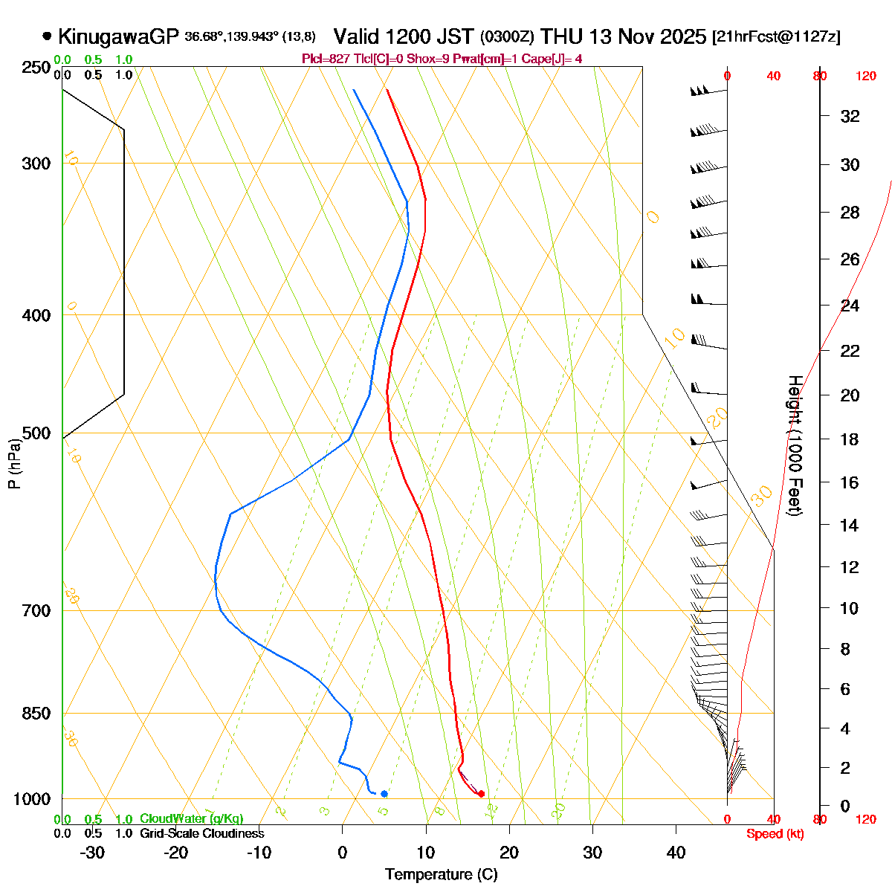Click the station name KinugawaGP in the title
(119, 36)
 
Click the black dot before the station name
(48, 36)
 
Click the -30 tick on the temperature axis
(92, 853)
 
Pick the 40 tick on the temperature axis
(676, 853)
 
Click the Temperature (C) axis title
(442, 874)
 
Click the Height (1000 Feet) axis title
(795, 446)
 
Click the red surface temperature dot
(482, 794)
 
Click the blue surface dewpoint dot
(384, 794)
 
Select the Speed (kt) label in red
(775, 834)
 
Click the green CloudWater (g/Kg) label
(192, 819)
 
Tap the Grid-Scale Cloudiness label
(202, 834)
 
